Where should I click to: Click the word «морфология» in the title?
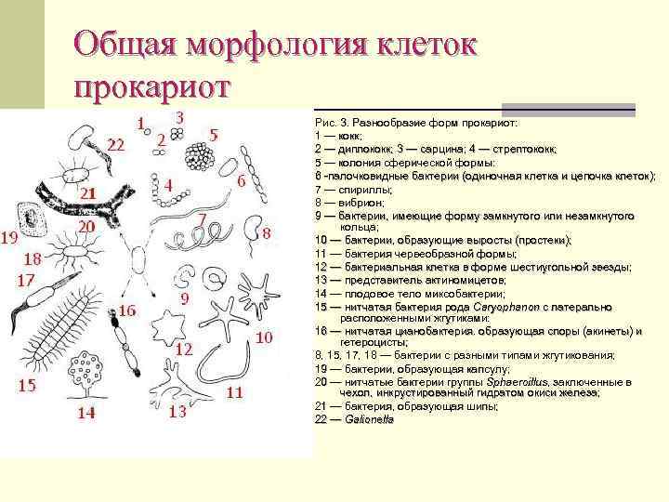(x=269, y=44)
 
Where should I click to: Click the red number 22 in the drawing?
(x=115, y=145)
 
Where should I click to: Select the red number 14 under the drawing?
(x=85, y=414)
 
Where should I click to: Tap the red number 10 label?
(x=265, y=337)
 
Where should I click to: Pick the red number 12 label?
(x=183, y=350)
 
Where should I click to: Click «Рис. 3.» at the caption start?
(x=332, y=123)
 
